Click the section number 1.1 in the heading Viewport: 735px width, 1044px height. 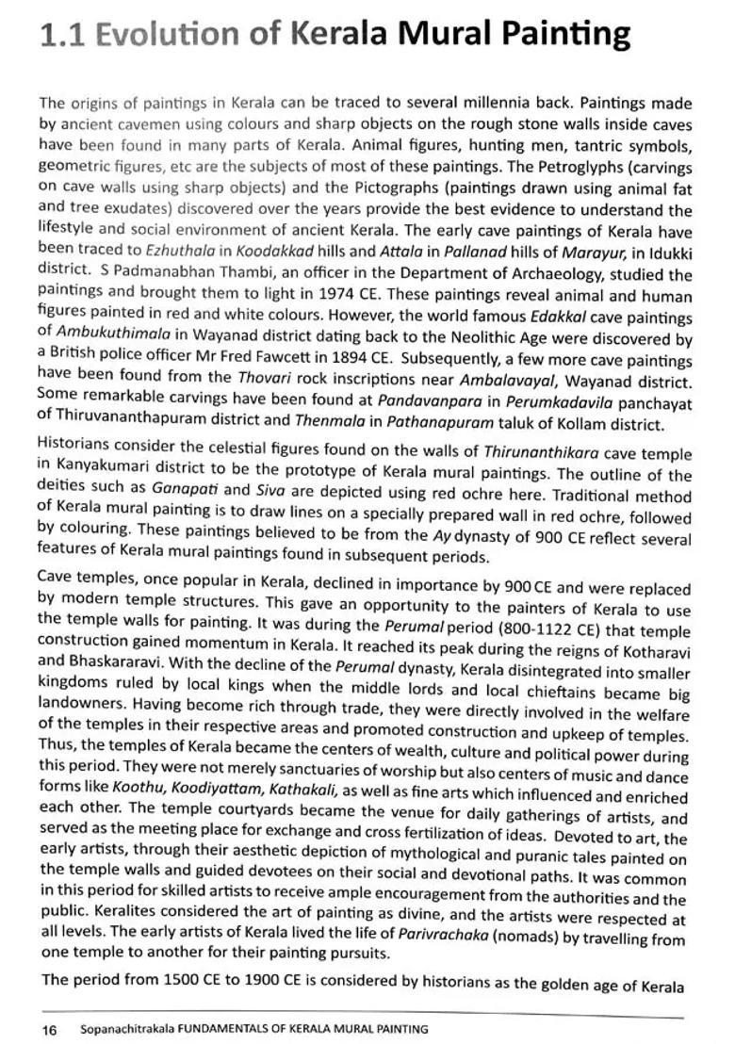pos(62,35)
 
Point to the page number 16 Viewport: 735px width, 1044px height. pos(49,1030)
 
